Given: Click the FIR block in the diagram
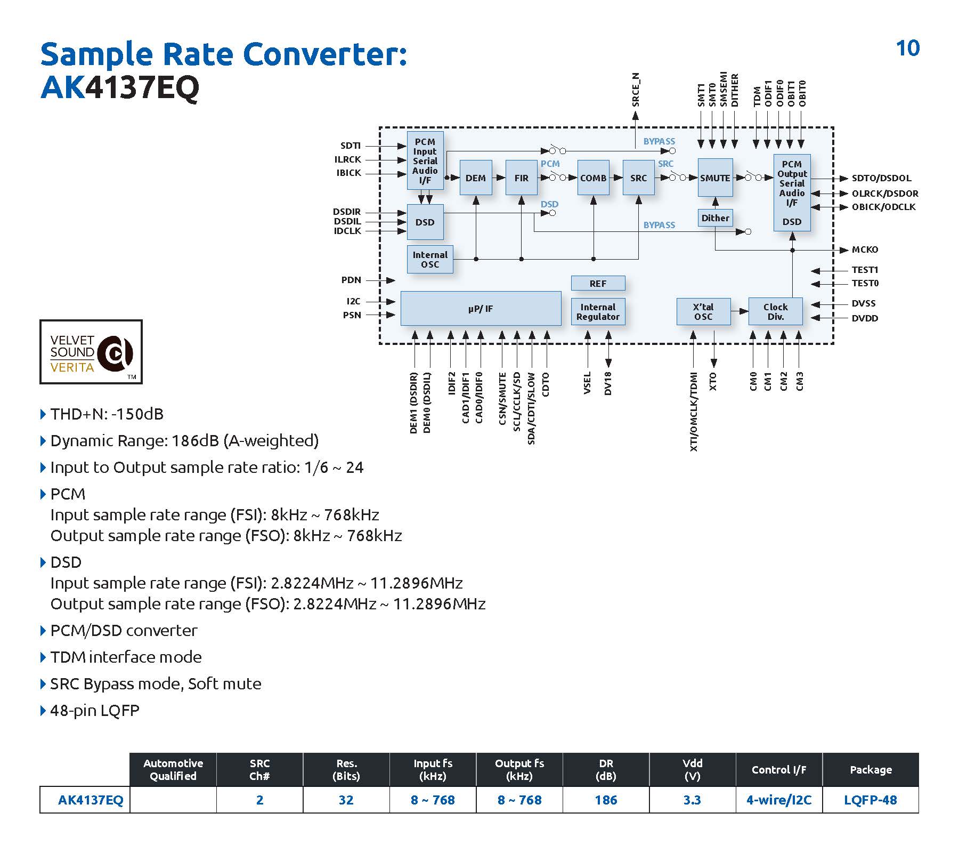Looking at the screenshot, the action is point(521,178).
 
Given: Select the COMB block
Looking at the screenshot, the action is point(593,178).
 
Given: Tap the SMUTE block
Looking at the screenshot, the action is point(715,178).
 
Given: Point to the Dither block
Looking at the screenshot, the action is point(715,218).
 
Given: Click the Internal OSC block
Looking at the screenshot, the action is point(430,260).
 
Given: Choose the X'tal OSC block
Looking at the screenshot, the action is point(703,311).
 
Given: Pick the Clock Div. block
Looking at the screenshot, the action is point(775,311).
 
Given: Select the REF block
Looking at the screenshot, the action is point(598,284).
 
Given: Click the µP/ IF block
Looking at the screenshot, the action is point(481,308).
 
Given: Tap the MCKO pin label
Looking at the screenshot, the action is point(865,250).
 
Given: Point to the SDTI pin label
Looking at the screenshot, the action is point(351,146).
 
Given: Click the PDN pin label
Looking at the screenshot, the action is point(351,280).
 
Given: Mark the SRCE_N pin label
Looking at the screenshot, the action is point(636,90).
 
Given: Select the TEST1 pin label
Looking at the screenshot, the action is point(865,270).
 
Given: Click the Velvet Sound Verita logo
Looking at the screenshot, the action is point(91,352).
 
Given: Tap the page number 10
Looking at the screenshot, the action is point(908,49).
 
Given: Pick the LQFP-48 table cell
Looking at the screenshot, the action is point(871,800).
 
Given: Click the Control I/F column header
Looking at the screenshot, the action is point(779,769).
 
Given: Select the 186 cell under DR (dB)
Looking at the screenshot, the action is point(606,800).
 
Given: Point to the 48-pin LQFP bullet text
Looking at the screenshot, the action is point(95,711).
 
